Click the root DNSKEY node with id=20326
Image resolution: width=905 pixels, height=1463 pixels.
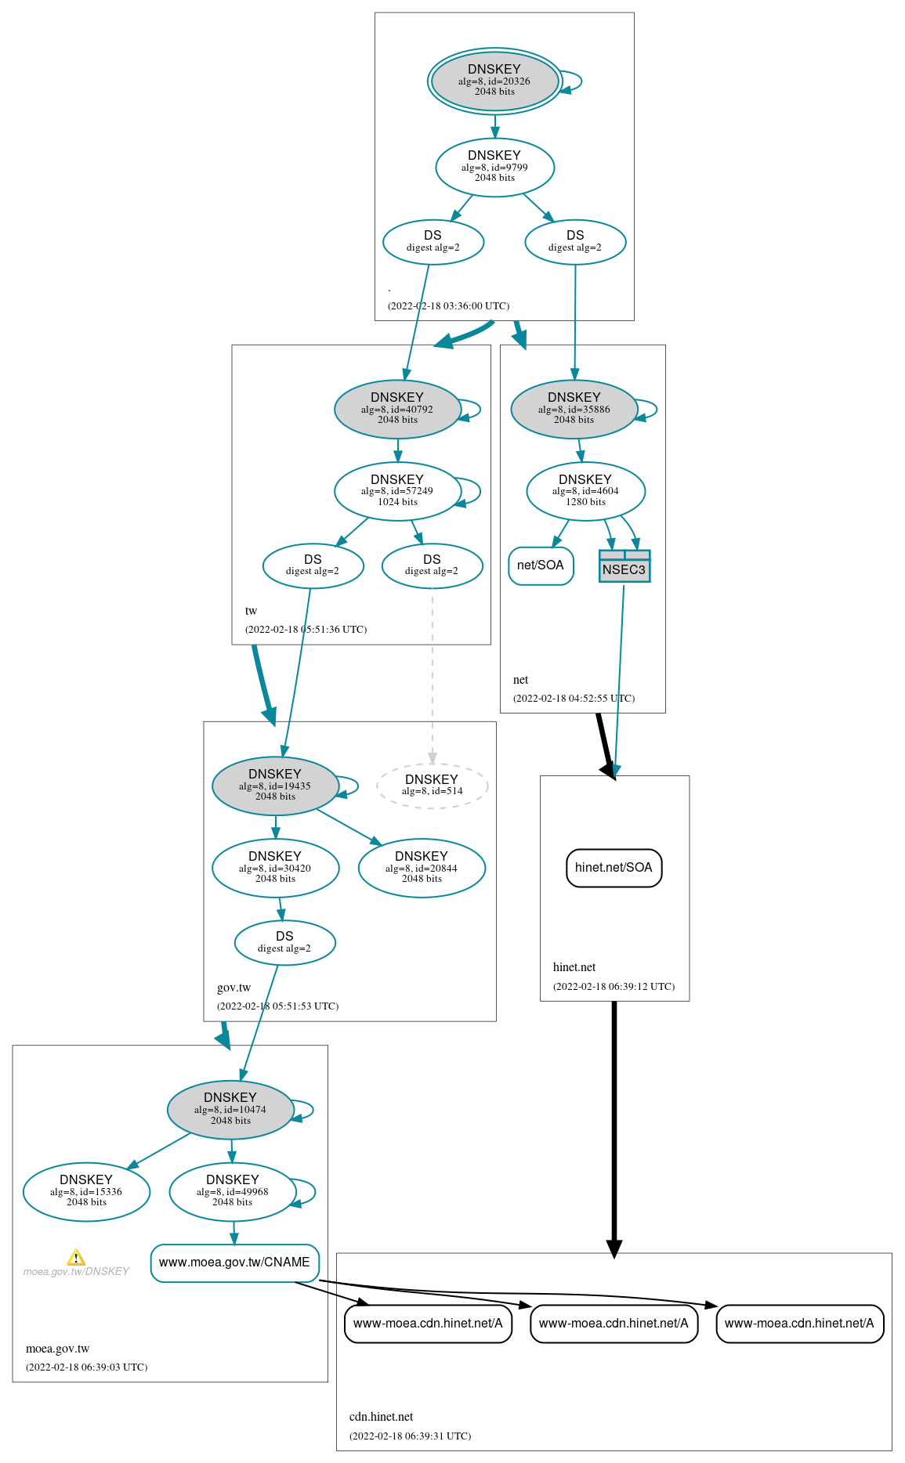[x=494, y=81]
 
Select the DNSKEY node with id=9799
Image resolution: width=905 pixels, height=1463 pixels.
[x=494, y=167]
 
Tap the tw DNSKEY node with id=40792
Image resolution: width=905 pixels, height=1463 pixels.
[x=397, y=409]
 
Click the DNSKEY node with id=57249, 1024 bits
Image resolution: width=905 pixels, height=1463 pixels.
[x=397, y=491]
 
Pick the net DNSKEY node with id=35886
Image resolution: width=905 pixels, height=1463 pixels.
[x=574, y=409]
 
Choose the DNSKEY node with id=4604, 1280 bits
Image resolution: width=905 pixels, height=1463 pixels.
[x=585, y=491]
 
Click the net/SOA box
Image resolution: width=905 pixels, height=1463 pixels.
[x=541, y=565]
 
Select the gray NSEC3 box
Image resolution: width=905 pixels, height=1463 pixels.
[x=624, y=566]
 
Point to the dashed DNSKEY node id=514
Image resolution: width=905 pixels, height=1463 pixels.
[x=432, y=786]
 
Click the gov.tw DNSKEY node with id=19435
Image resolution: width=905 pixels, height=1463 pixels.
[x=275, y=786]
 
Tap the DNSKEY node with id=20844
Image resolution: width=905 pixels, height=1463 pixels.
[x=422, y=868]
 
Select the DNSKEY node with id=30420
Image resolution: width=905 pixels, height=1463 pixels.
[x=275, y=868]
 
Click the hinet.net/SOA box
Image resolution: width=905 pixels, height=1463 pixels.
[x=614, y=868]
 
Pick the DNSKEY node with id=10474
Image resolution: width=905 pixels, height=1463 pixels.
[x=230, y=1110]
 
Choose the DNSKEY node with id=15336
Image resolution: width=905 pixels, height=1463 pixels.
[x=86, y=1192]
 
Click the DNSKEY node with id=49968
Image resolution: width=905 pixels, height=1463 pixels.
[x=233, y=1192]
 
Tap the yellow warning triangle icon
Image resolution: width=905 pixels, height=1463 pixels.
[x=76, y=1258]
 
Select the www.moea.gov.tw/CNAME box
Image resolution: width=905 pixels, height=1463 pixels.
[x=234, y=1263]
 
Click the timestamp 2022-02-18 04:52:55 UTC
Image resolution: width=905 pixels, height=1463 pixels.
[x=574, y=699]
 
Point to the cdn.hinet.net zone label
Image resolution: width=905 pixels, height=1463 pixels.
[x=381, y=1417]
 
